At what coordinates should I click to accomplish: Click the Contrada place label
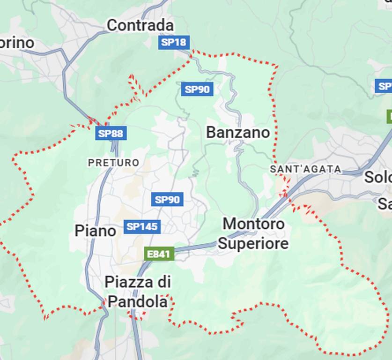click(x=140, y=25)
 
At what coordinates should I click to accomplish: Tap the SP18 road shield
click(x=173, y=42)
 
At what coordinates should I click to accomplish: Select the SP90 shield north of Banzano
click(x=197, y=89)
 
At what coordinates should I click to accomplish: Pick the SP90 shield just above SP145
click(x=167, y=200)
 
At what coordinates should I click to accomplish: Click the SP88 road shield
click(x=111, y=134)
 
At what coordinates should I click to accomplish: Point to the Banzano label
click(x=238, y=133)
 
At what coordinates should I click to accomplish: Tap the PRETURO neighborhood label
click(x=114, y=163)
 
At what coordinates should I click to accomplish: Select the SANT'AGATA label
click(x=305, y=169)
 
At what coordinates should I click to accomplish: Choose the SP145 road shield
click(x=142, y=227)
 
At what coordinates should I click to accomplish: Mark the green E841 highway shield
click(x=159, y=254)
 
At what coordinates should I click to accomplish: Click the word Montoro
click(x=253, y=224)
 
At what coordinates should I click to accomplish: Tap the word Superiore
click(x=253, y=244)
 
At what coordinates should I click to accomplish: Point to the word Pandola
click(x=138, y=302)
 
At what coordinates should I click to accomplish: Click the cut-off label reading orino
click(x=17, y=43)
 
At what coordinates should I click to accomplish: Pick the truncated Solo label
click(x=377, y=177)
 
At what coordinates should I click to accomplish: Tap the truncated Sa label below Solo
click(x=385, y=203)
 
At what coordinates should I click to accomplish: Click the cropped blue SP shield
click(x=384, y=86)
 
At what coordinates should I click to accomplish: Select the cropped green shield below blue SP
click(x=389, y=116)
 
